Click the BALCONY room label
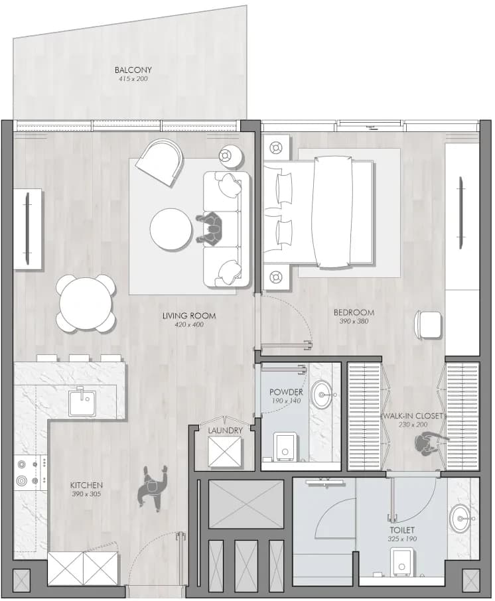(133, 70)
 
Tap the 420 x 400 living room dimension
(189, 324)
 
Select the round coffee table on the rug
(171, 230)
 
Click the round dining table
(86, 303)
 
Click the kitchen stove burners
(31, 472)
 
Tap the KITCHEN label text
(86, 485)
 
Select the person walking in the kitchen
(152, 488)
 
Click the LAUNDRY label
(225, 431)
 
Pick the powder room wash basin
(321, 395)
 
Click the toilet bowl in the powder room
(285, 446)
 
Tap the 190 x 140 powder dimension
(286, 401)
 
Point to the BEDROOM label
(354, 312)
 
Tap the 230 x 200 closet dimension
(413, 425)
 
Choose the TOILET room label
(402, 530)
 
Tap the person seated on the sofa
(210, 230)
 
